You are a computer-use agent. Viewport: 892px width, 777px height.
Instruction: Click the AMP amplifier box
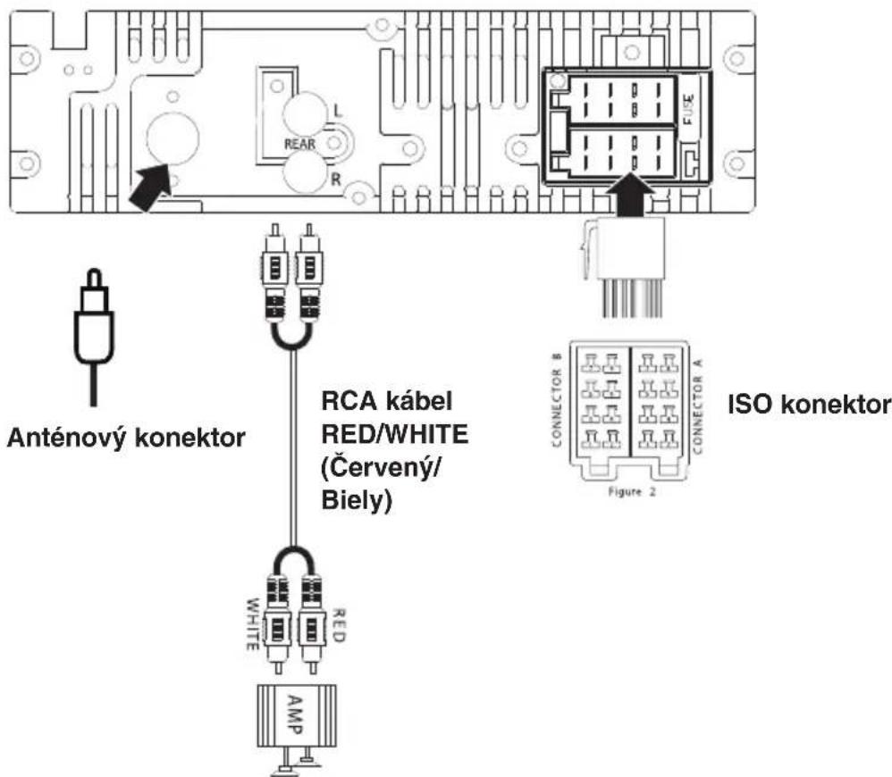(x=297, y=715)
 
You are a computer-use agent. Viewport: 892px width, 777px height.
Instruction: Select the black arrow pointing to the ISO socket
(x=629, y=195)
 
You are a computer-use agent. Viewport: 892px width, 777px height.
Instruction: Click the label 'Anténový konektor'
(x=126, y=439)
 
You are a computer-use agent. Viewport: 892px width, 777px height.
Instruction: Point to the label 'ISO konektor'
(x=809, y=405)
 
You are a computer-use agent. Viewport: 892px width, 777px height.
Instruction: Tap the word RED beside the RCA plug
(x=339, y=625)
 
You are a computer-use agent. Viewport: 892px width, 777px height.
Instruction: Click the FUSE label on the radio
(x=688, y=109)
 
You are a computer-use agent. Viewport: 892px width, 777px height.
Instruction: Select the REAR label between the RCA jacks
(x=299, y=144)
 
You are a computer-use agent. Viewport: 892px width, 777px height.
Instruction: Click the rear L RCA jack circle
(x=306, y=113)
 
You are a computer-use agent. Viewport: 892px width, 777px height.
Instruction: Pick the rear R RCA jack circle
(x=306, y=172)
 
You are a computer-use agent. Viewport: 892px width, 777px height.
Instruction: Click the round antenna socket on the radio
(x=173, y=138)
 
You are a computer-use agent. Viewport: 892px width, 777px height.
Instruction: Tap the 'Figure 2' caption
(x=631, y=492)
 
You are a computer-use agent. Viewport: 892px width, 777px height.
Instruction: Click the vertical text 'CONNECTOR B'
(x=557, y=399)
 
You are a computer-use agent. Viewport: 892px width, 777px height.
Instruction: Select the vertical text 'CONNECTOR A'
(x=698, y=405)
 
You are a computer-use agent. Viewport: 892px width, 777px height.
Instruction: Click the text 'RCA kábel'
(x=387, y=401)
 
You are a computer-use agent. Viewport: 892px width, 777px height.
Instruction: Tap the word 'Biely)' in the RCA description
(x=357, y=500)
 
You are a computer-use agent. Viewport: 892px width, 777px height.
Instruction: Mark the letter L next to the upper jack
(x=338, y=110)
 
